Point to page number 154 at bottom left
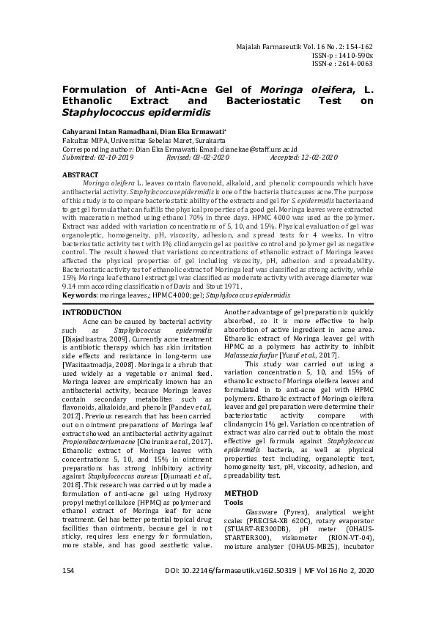point(70,591)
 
